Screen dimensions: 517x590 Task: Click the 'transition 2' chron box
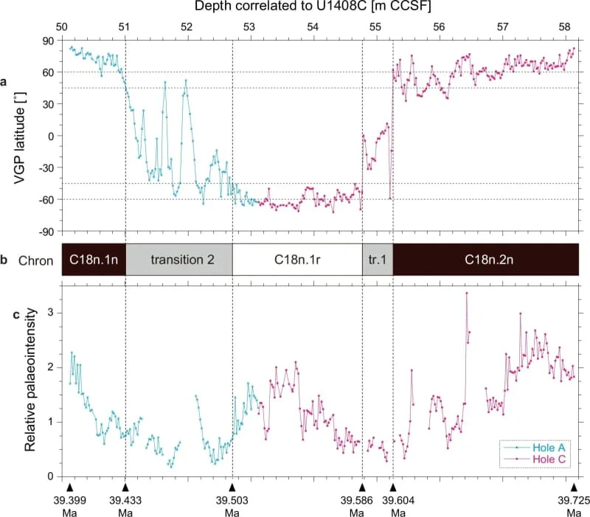pyautogui.click(x=179, y=260)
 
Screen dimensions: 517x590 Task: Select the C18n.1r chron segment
pyautogui.click(x=296, y=260)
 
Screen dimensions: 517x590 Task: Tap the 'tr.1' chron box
pyautogui.click(x=377, y=260)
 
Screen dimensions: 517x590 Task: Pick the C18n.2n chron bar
pyautogui.click(x=485, y=260)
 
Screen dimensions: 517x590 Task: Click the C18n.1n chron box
pyautogui.click(x=94, y=260)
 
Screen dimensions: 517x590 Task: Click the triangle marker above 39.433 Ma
pyautogui.click(x=125, y=487)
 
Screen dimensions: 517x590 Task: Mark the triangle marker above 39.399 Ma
pyautogui.click(x=69, y=487)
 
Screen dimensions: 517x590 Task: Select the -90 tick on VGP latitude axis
pyautogui.click(x=49, y=232)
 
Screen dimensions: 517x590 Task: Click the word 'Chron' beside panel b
pyautogui.click(x=35, y=260)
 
